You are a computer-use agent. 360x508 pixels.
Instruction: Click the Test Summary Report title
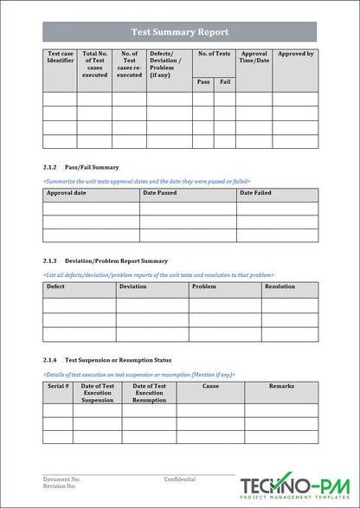180,32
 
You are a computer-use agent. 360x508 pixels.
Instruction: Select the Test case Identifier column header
60,57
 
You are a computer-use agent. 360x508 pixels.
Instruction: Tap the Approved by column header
295,54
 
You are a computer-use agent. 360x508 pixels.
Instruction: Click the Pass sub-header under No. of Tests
203,82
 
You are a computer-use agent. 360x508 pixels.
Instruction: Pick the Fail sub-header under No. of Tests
225,82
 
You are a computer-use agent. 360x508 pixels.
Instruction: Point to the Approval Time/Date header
254,57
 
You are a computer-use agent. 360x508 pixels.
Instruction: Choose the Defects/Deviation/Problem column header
165,64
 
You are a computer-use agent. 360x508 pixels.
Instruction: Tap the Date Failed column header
255,193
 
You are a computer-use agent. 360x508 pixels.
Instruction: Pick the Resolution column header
280,286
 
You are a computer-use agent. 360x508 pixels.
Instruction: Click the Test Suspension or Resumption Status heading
118,359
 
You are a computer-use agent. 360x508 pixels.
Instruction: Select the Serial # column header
58,386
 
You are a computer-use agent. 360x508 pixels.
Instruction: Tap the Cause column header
210,386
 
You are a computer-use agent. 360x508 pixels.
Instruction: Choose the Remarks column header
281,386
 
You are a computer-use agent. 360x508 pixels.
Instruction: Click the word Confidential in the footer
180,479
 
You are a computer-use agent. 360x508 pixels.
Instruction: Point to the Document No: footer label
61,479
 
